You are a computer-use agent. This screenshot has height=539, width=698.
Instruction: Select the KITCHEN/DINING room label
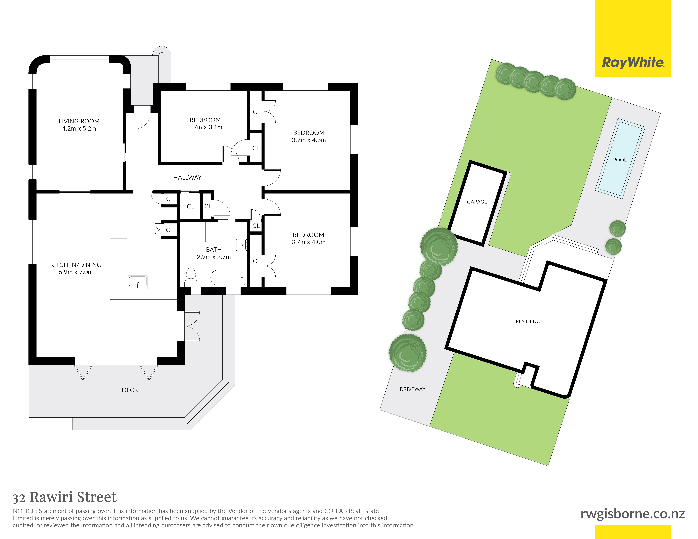(76, 265)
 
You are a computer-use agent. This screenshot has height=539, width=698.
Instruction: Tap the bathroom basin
(241, 245)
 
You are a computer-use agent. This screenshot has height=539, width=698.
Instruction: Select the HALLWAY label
(187, 178)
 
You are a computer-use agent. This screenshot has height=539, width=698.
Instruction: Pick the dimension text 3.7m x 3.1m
(205, 127)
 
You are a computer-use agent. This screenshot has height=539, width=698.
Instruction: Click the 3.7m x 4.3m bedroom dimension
(309, 140)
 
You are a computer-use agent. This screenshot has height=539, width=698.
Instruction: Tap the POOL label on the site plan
(620, 160)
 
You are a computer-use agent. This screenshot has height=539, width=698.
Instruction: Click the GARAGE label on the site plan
(477, 202)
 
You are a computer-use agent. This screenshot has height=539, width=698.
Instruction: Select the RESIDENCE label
(529, 321)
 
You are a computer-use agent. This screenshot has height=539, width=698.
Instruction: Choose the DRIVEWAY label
(413, 389)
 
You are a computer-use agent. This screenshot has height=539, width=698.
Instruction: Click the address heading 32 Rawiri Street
(65, 497)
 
